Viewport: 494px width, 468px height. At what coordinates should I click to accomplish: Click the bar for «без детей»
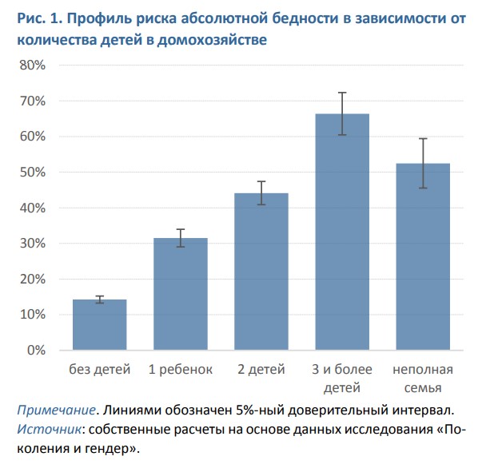(x=100, y=325)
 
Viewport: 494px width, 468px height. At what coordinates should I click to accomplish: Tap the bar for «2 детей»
(x=261, y=272)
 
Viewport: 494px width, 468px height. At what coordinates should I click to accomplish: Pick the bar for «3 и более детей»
(x=342, y=232)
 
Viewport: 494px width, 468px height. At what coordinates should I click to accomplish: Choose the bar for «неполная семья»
(x=423, y=256)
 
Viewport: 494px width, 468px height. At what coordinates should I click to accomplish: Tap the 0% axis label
(x=35, y=351)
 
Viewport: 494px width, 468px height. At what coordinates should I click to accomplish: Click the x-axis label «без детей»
(x=100, y=370)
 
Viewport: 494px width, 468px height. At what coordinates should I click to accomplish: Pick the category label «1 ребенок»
(x=181, y=370)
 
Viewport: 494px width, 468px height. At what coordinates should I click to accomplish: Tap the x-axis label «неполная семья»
(x=423, y=379)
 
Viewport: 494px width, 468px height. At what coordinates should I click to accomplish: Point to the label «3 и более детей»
(x=342, y=379)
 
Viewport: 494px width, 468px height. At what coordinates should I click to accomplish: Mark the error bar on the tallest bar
(x=342, y=113)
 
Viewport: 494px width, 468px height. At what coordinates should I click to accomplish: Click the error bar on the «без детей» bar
(x=100, y=299)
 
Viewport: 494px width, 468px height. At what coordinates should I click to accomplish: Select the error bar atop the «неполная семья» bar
(x=423, y=163)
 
